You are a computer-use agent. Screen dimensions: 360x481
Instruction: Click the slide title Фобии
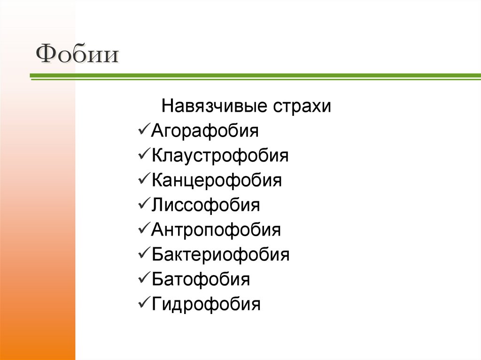(x=77, y=54)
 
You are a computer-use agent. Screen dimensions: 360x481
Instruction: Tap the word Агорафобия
(x=205, y=130)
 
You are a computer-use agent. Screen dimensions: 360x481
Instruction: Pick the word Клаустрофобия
(x=220, y=155)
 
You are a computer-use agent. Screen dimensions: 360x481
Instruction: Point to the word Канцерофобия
(x=217, y=180)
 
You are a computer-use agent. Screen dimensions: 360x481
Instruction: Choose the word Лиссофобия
(x=206, y=205)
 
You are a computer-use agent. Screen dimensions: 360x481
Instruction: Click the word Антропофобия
(x=216, y=230)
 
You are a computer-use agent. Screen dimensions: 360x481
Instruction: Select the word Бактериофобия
(x=221, y=255)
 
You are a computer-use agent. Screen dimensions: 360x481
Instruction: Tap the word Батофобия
(x=201, y=280)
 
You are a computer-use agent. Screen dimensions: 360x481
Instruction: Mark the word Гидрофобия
(x=206, y=305)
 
